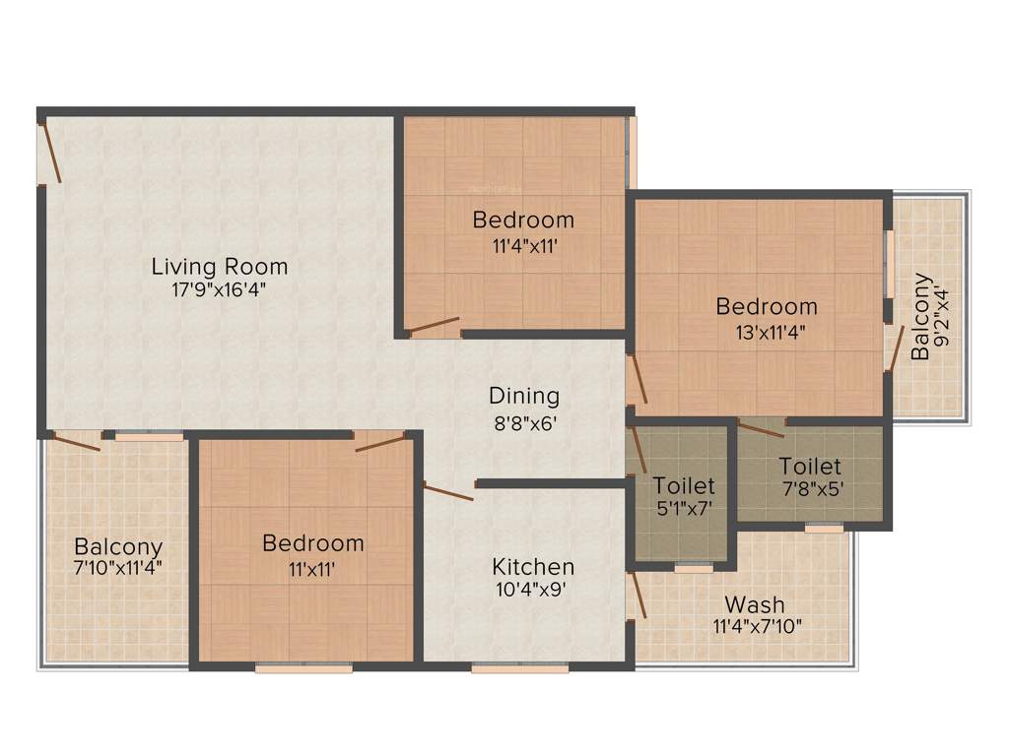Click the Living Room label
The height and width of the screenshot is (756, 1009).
pos(220,266)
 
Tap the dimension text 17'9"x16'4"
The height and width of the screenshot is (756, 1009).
pos(218,289)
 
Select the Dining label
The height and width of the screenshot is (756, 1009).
pos(524,396)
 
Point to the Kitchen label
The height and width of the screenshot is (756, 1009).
pos(533,567)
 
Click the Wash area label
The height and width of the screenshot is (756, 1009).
pos(755,603)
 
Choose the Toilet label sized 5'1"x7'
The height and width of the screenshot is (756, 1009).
pos(683,485)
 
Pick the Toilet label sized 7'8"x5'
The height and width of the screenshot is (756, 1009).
pos(810,466)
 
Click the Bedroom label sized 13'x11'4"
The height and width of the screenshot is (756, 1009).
pos(767,306)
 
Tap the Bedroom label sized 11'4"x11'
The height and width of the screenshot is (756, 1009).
pos(522,219)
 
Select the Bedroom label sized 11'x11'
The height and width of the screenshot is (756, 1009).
pos(313,543)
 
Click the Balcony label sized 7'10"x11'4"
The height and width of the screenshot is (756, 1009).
pos(118,546)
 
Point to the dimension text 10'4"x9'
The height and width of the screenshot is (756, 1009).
pos(533,591)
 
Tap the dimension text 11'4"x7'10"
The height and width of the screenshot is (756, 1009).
pos(755,626)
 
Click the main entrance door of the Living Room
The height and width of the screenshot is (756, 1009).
pos(50,154)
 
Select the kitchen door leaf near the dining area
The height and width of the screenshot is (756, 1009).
pos(448,491)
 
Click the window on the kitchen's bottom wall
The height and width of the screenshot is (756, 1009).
pos(519,668)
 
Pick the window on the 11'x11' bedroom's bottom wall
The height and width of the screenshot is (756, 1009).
pos(303,668)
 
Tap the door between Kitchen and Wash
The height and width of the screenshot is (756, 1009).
pos(637,594)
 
